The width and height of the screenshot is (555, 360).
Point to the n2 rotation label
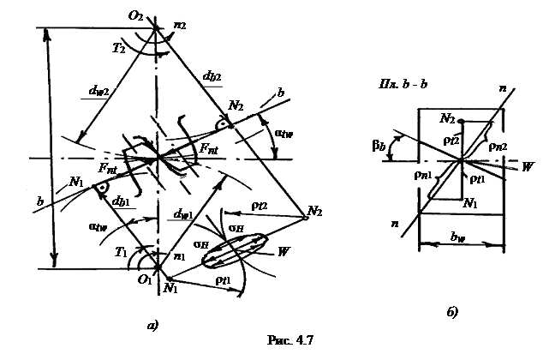click(x=178, y=27)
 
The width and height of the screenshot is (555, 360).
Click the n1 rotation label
click(x=179, y=255)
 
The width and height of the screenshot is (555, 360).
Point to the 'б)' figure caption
click(x=452, y=311)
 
